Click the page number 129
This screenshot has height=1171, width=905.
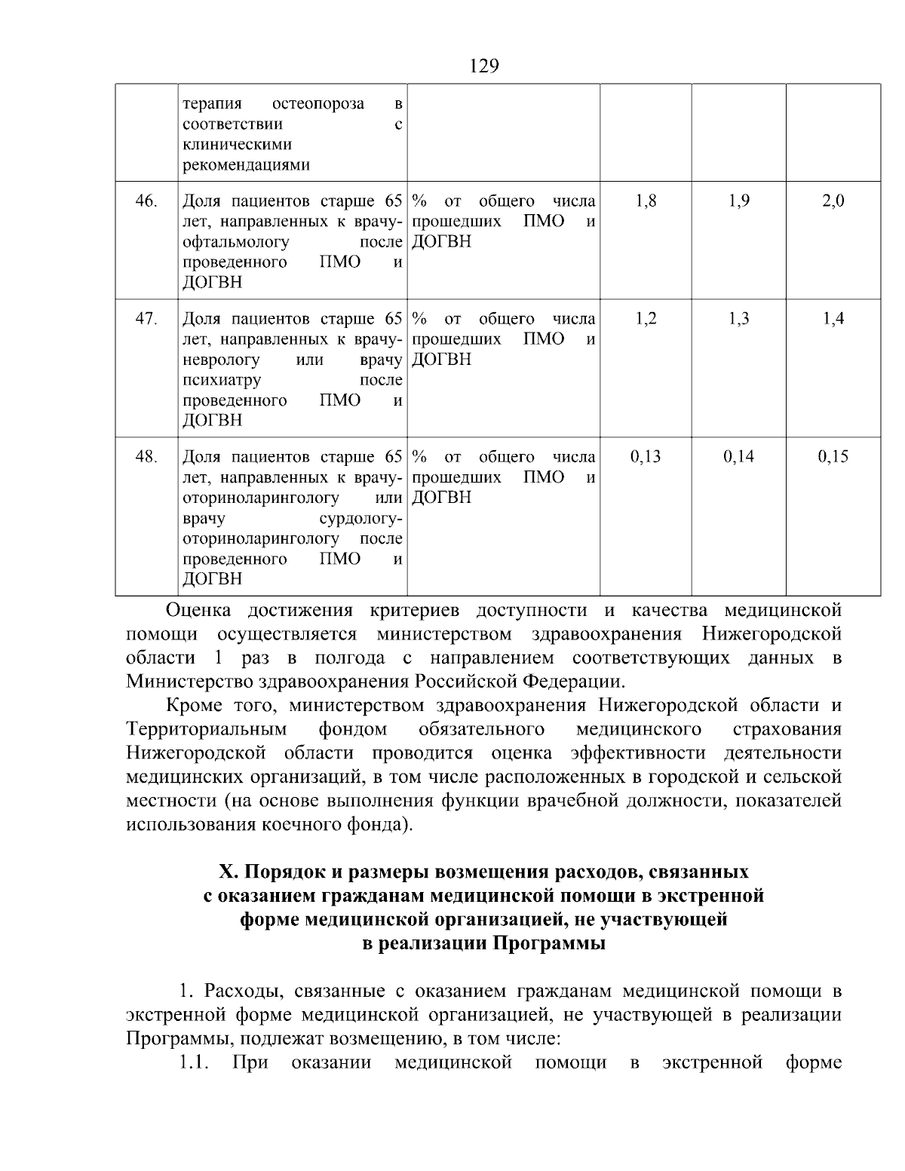(484, 66)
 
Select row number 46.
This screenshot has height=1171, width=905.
(146, 201)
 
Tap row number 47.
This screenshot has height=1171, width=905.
(146, 319)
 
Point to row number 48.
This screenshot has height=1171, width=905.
(146, 457)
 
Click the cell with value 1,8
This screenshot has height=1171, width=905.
(646, 201)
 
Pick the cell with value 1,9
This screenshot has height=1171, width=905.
(739, 201)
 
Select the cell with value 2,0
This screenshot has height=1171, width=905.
(833, 201)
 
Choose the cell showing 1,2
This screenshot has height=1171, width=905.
(646, 319)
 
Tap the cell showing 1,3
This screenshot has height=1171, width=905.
(739, 319)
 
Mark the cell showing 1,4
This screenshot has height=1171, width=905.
(833, 319)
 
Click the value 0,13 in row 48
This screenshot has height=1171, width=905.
(646, 457)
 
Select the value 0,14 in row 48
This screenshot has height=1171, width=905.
(739, 457)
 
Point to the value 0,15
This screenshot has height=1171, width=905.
(833, 457)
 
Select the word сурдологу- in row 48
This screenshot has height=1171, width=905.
(361, 519)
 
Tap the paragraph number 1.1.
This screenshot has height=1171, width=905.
(194, 1063)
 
